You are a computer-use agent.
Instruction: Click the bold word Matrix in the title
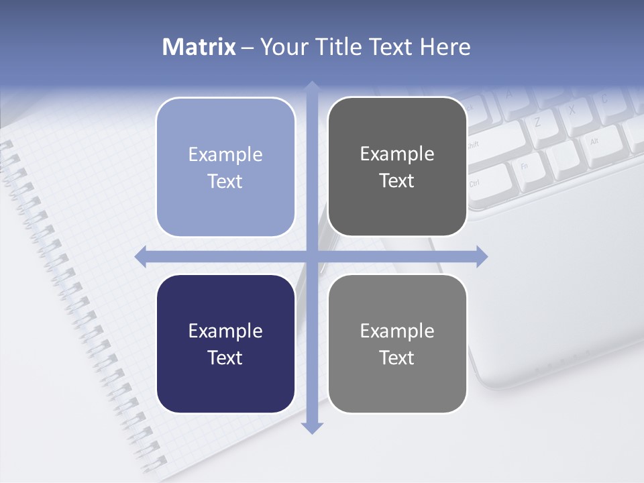click(x=199, y=47)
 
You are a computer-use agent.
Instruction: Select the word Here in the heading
click(x=445, y=47)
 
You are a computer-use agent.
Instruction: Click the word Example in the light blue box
click(x=225, y=155)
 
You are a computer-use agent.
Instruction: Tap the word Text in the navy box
click(x=225, y=358)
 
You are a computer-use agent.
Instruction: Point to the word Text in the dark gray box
click(x=397, y=181)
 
